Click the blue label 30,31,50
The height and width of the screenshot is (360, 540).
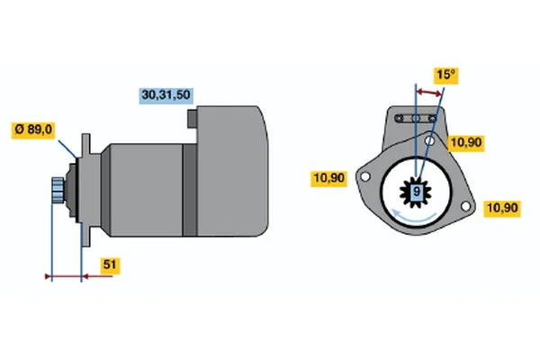click(x=166, y=95)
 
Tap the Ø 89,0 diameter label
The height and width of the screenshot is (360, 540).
click(x=33, y=130)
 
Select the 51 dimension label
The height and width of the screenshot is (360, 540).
click(x=110, y=265)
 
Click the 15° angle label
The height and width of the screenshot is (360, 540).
click(x=445, y=76)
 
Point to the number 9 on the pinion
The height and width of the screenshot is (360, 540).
click(x=417, y=191)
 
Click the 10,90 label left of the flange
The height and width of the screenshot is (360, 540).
click(x=328, y=178)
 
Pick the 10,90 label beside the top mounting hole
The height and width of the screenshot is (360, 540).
click(x=466, y=142)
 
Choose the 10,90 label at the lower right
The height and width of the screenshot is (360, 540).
click(x=502, y=209)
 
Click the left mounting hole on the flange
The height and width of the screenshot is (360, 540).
click(x=364, y=176)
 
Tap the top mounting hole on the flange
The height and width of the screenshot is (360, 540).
click(x=429, y=140)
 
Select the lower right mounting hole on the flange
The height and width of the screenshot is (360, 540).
click(x=465, y=206)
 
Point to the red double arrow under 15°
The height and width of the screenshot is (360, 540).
click(x=428, y=93)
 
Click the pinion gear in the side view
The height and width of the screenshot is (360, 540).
click(x=58, y=190)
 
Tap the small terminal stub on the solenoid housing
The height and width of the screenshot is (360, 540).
click(x=193, y=119)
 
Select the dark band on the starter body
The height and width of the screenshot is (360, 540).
click(x=189, y=190)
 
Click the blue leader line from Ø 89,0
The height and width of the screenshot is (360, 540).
click(x=67, y=148)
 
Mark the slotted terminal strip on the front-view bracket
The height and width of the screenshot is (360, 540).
click(x=416, y=119)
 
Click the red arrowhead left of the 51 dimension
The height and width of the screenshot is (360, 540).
click(x=49, y=276)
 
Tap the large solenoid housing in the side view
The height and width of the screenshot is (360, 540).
click(x=232, y=171)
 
